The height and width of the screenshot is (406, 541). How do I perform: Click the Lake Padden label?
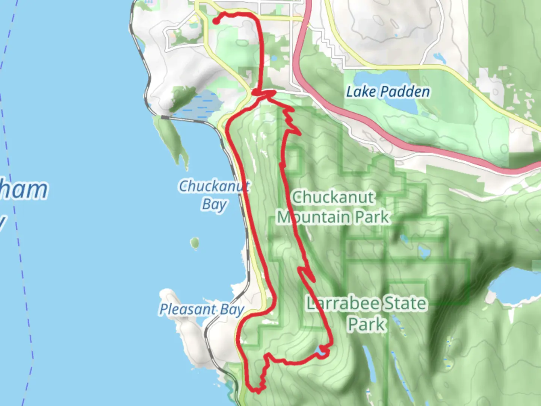388,92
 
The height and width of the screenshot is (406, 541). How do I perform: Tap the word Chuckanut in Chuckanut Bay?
213,186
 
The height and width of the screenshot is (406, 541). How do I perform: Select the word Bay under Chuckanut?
214,205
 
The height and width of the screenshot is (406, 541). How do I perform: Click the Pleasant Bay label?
202,309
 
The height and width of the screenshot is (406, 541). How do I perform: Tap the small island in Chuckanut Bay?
194,243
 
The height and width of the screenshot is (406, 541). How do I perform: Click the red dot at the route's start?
216,21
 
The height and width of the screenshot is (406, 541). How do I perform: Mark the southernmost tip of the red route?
258,391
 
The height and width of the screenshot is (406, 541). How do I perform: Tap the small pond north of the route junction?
273,59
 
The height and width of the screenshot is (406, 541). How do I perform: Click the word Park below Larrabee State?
366,324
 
